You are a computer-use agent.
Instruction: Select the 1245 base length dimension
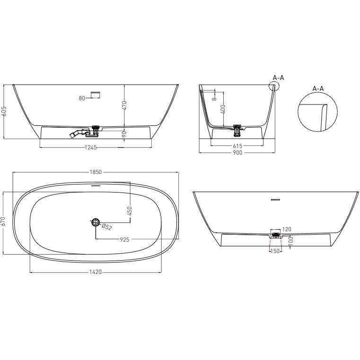(91, 147)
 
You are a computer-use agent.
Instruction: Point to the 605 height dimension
(4, 111)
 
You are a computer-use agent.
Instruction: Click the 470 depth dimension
(124, 105)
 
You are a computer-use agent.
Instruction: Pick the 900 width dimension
(237, 153)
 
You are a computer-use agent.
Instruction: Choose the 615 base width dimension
(237, 146)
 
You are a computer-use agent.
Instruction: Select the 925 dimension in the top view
(125, 240)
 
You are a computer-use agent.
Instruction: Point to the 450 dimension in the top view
(130, 211)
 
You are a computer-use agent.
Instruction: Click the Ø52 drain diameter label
(107, 227)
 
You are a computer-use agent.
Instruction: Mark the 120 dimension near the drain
(287, 229)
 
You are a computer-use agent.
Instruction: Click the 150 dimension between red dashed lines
(275, 251)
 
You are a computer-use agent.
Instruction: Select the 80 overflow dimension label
(82, 98)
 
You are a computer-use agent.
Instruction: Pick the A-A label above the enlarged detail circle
(318, 88)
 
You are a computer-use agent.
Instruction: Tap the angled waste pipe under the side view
(75, 134)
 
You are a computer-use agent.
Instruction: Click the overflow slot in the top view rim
(96, 186)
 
